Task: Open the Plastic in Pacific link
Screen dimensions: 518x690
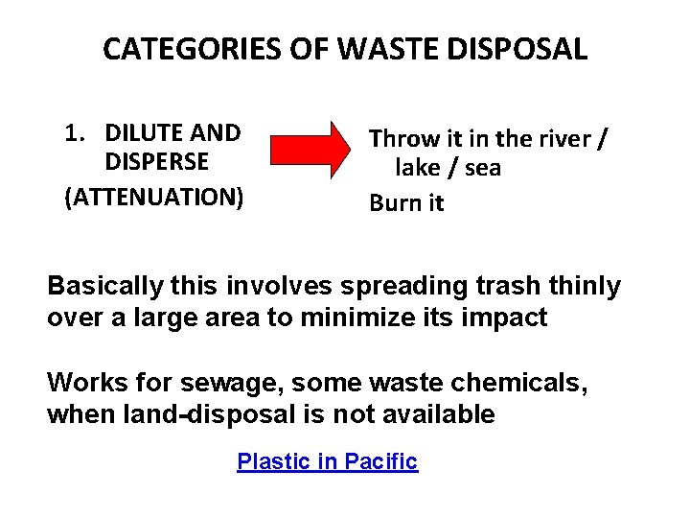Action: tap(327, 461)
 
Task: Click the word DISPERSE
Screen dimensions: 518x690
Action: tap(157, 164)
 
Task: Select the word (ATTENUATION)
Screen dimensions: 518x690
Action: tap(153, 198)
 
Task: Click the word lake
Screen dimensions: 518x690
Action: tap(418, 169)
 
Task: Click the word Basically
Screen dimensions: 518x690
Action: tap(101, 286)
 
